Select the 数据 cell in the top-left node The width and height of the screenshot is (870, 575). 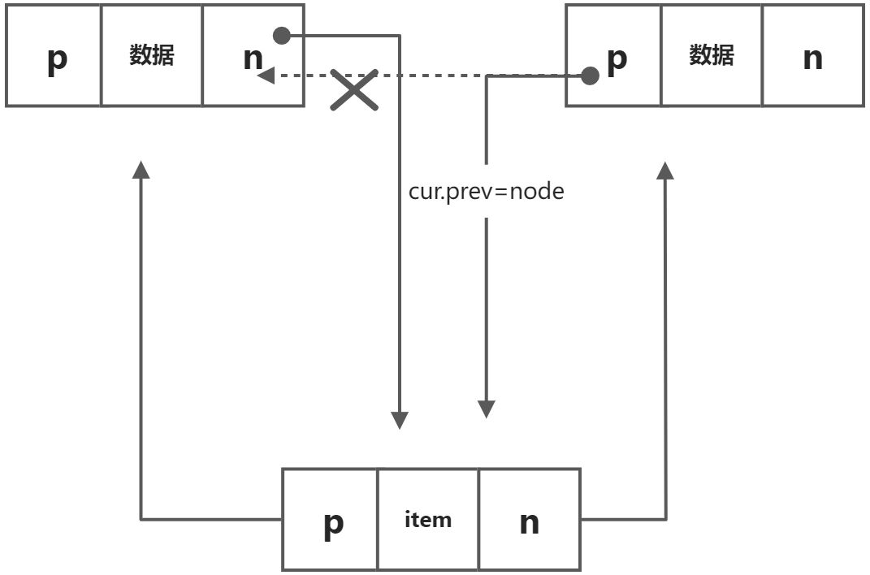152,55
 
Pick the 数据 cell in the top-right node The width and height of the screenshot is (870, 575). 712,55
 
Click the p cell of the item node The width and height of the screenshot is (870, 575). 331,520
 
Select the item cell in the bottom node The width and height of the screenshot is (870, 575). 428,520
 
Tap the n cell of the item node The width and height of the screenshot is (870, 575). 529,520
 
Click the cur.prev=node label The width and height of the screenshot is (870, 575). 486,192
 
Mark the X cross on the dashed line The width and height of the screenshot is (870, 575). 354,89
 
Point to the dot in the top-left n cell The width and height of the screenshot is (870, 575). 282,36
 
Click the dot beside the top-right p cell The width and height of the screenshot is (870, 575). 590,76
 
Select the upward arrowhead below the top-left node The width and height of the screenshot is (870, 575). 141,169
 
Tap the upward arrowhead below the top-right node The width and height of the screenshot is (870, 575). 665,169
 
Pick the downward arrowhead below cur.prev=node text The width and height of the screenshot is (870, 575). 486,408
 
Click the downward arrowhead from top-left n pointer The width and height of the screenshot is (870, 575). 400,419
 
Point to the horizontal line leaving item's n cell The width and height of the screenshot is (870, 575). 622,519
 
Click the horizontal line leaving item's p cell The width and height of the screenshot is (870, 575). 211,519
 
